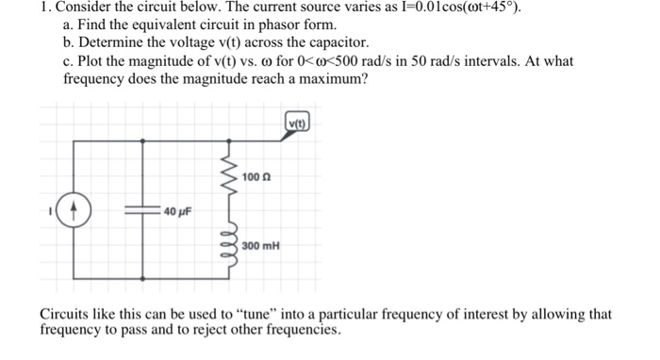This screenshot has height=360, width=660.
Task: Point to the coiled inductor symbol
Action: pos(226,242)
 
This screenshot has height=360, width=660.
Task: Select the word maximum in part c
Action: pos(331,79)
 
